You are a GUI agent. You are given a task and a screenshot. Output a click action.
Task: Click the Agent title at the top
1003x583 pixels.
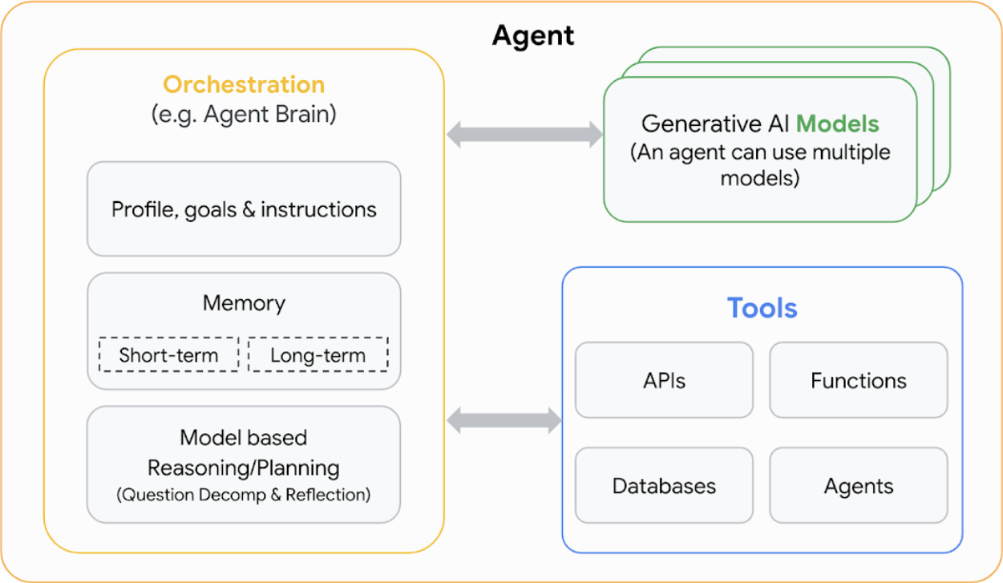pos(533,35)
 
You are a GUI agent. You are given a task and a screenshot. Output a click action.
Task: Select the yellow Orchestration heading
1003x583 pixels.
pos(244,84)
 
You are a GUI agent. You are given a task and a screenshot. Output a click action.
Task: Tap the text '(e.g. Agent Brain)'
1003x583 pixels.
pos(244,114)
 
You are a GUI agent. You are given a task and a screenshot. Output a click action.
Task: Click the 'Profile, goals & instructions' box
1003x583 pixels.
pos(244,209)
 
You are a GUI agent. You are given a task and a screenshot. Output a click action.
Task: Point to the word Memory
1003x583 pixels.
pos(244,303)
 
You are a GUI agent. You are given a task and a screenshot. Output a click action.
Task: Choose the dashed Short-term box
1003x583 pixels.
pos(168,355)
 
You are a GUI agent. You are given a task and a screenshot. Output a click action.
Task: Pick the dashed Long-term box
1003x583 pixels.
pos(317,355)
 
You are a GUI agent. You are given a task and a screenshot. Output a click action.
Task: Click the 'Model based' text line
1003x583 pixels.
pos(244,438)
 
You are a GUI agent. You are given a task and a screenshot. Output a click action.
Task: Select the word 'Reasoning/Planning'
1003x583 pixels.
pos(244,468)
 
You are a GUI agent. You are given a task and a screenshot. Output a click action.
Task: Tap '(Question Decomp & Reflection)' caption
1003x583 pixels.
pos(244,495)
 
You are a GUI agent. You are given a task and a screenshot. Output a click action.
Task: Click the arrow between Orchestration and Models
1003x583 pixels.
pos(524,134)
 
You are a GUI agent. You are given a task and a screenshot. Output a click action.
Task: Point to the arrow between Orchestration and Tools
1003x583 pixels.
pos(504,419)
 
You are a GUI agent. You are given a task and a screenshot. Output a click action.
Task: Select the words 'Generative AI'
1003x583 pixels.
pos(715,124)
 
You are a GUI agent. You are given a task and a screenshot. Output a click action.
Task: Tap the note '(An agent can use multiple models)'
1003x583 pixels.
pos(760,164)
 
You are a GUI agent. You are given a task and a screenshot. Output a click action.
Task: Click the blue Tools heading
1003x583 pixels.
pos(762,308)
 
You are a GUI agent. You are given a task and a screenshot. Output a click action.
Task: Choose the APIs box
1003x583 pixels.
pos(664,380)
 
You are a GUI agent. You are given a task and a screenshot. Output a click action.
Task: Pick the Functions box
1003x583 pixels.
pos(858,380)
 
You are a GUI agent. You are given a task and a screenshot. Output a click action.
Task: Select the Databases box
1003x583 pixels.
pos(664,486)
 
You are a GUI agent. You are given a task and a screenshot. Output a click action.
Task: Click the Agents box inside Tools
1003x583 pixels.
pos(858,486)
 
